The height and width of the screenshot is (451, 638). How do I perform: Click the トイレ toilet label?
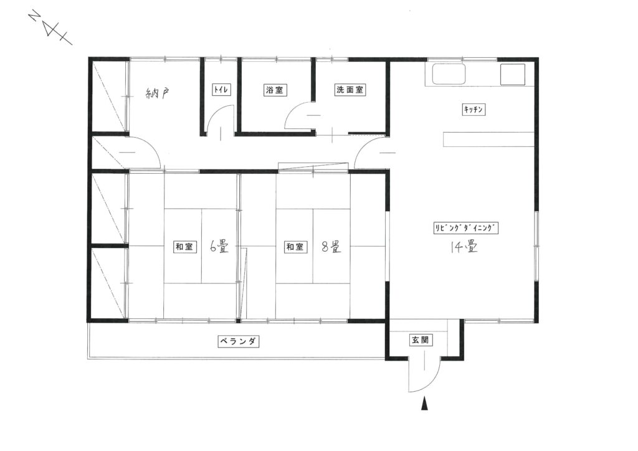[x=221, y=90]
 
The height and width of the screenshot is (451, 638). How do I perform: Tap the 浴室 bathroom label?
[x=275, y=90]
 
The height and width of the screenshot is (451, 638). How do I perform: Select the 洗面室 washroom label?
[x=350, y=90]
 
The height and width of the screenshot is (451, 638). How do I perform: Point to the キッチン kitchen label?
[x=474, y=110]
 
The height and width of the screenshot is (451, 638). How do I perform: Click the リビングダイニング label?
[x=465, y=228]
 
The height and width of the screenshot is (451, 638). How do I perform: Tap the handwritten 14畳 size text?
[x=464, y=247]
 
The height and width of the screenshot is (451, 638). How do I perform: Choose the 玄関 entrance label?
[x=421, y=340]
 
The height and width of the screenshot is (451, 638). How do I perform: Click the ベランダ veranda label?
[x=239, y=341]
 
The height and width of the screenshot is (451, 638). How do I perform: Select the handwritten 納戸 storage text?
[x=157, y=94]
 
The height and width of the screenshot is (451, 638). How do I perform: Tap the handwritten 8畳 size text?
[x=331, y=247]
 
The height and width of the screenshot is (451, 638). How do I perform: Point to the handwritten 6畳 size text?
[x=219, y=247]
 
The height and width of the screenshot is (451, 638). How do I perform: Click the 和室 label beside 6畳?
[x=184, y=247]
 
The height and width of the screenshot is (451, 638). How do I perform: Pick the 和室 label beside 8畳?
[x=295, y=247]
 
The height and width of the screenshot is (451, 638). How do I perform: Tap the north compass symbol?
[x=50, y=28]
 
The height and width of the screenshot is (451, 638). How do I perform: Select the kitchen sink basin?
[x=449, y=74]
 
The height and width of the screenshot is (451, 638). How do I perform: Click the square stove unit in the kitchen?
[x=512, y=74]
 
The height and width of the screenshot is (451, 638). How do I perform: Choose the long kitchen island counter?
[x=488, y=139]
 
